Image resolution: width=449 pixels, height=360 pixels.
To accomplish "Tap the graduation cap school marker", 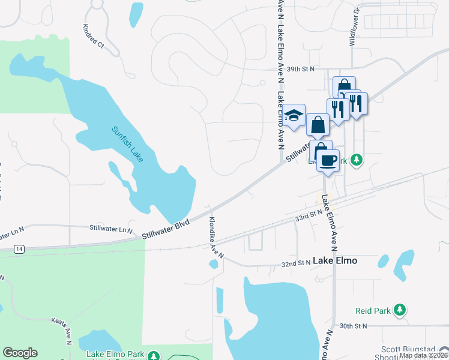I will click(294, 116).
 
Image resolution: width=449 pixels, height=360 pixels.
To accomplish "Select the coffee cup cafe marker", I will click(328, 160).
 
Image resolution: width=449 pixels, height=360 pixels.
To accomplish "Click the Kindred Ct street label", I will click(93, 36).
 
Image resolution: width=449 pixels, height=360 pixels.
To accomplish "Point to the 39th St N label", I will click(301, 69).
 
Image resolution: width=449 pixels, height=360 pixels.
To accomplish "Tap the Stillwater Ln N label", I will click(110, 228).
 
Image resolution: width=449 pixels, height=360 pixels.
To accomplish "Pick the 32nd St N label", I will click(296, 264).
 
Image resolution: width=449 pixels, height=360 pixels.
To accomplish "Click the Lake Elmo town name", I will click(335, 260).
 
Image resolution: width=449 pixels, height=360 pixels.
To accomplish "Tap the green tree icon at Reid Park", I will click(399, 310).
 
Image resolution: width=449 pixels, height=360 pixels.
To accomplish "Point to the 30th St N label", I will click(352, 326).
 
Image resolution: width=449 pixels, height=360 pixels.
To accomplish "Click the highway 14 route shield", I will click(20, 248).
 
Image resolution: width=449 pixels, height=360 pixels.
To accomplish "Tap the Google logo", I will click(20, 353).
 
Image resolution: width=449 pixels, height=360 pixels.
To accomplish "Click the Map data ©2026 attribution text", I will click(423, 355).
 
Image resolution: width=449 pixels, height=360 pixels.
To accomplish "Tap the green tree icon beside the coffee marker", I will click(357, 160).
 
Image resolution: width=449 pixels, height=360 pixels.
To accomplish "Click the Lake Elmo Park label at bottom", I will click(116, 355).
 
